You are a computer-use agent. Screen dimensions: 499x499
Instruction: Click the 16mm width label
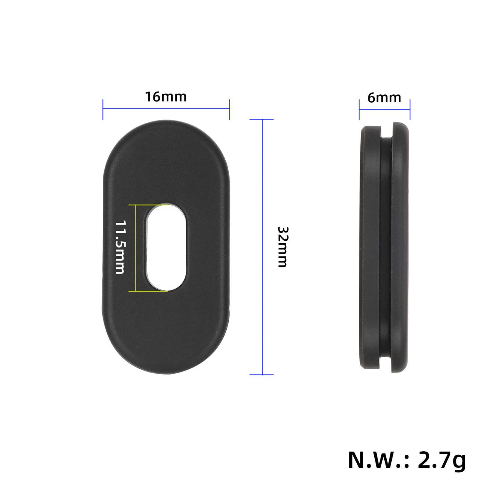pyautogui.click(x=166, y=97)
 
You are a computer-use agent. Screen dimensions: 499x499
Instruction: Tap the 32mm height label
pyautogui.click(x=282, y=247)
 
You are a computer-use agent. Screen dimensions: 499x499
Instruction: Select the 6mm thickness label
pyautogui.click(x=384, y=98)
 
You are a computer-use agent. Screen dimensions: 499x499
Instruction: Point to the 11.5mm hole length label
pyautogui.click(x=120, y=247)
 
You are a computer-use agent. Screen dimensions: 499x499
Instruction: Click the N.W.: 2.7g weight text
pyautogui.click(x=407, y=459)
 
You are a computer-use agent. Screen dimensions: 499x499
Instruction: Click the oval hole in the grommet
pyautogui.click(x=167, y=247)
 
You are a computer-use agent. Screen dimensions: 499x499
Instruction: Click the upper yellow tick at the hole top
pyautogui.click(x=148, y=205)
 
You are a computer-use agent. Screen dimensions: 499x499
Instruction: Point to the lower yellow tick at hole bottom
pyautogui.click(x=148, y=291)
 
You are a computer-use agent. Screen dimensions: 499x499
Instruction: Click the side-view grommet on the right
pyautogui.click(x=384, y=247)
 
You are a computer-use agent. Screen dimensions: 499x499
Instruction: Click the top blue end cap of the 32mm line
pyautogui.click(x=262, y=119)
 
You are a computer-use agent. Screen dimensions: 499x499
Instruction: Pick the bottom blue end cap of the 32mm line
pyautogui.click(x=262, y=375)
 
